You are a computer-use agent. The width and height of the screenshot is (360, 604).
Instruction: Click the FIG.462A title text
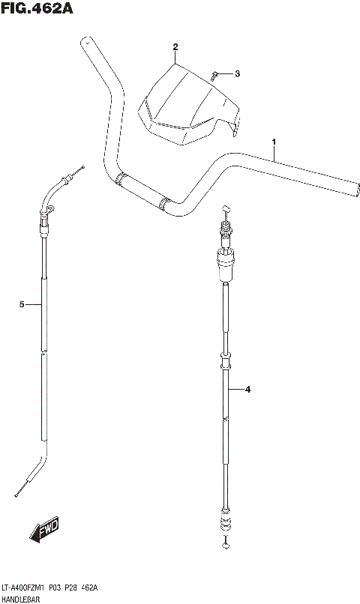click(x=37, y=7)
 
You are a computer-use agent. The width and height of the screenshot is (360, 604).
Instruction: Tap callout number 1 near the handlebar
click(x=274, y=142)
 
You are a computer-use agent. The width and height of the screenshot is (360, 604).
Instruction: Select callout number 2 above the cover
click(x=175, y=47)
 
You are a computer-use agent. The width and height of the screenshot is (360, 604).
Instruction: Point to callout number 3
click(x=237, y=73)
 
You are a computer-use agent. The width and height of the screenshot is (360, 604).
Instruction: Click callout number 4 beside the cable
click(x=247, y=390)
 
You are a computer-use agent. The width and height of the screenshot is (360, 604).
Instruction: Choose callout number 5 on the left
click(x=22, y=305)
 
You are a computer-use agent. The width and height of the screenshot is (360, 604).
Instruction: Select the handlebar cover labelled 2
click(x=189, y=105)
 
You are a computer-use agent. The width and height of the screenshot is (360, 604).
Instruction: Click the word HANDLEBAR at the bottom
click(x=20, y=600)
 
